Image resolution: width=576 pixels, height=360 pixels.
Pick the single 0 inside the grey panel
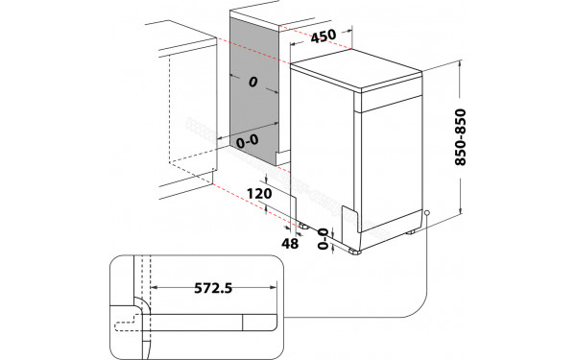(252, 84)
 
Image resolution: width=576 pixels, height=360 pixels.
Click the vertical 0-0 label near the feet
(324, 236)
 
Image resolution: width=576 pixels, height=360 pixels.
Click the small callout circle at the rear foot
(426, 215)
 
